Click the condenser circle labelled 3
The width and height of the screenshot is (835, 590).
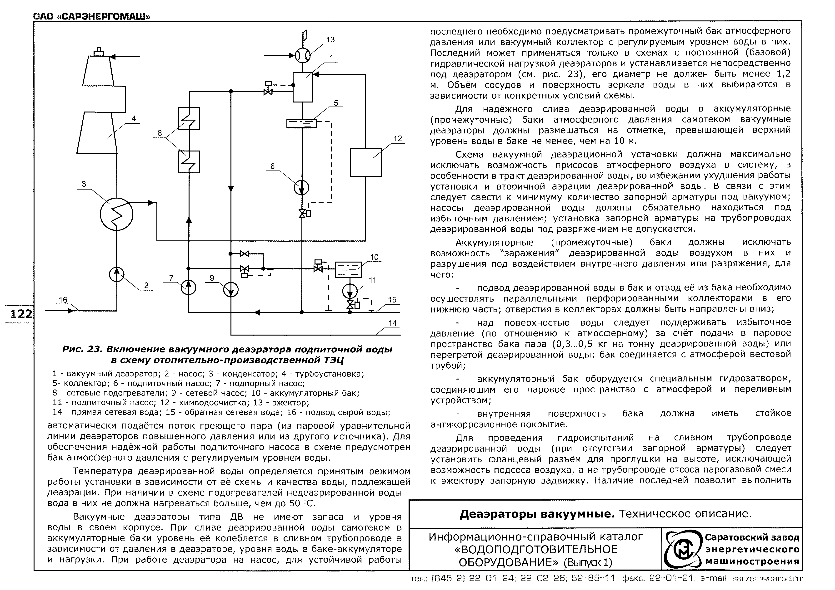coord(116,214)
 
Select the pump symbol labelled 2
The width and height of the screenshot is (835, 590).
coord(117,274)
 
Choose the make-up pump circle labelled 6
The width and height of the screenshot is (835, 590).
coord(301,187)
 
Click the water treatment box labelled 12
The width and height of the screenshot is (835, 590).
coord(366,162)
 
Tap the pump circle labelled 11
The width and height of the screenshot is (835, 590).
coord(350,291)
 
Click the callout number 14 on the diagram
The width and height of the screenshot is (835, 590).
coord(392,323)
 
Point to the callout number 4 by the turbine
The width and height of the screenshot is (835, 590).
coord(134,118)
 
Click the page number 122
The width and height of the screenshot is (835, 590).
coord(21,313)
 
